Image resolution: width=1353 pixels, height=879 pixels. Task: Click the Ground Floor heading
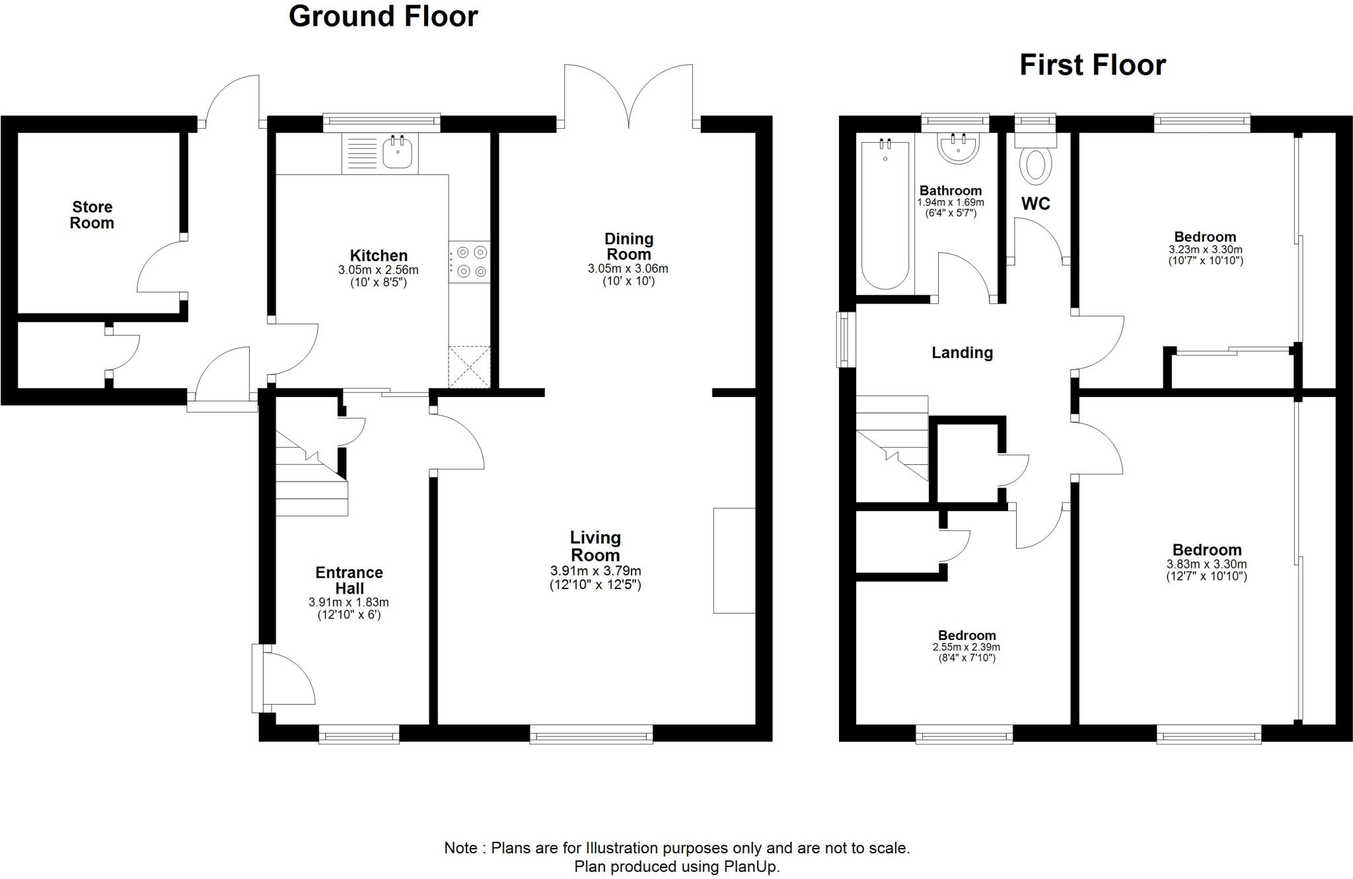point(383,17)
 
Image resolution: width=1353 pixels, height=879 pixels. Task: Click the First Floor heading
point(1093,65)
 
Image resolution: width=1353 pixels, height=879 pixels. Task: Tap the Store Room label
point(92,215)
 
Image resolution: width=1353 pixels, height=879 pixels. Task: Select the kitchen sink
point(398,153)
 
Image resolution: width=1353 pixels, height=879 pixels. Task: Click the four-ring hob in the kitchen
point(470,262)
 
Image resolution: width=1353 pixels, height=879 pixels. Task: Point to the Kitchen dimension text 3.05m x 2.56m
point(378,270)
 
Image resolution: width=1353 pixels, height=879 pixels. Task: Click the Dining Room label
point(628,246)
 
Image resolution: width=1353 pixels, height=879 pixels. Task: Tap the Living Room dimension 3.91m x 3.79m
point(595,571)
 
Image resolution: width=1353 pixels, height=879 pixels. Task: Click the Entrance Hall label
point(349,580)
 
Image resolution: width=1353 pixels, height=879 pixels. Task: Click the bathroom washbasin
point(958,148)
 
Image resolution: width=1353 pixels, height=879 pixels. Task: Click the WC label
point(1035,204)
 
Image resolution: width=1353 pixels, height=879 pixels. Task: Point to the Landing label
point(962,353)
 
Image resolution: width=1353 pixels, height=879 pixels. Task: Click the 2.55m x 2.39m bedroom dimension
point(966,647)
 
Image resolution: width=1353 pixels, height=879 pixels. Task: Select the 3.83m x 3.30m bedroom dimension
point(1206,565)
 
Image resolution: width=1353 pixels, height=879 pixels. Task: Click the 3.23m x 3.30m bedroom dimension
point(1205,250)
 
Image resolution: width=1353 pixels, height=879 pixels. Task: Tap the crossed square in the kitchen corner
point(469,367)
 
